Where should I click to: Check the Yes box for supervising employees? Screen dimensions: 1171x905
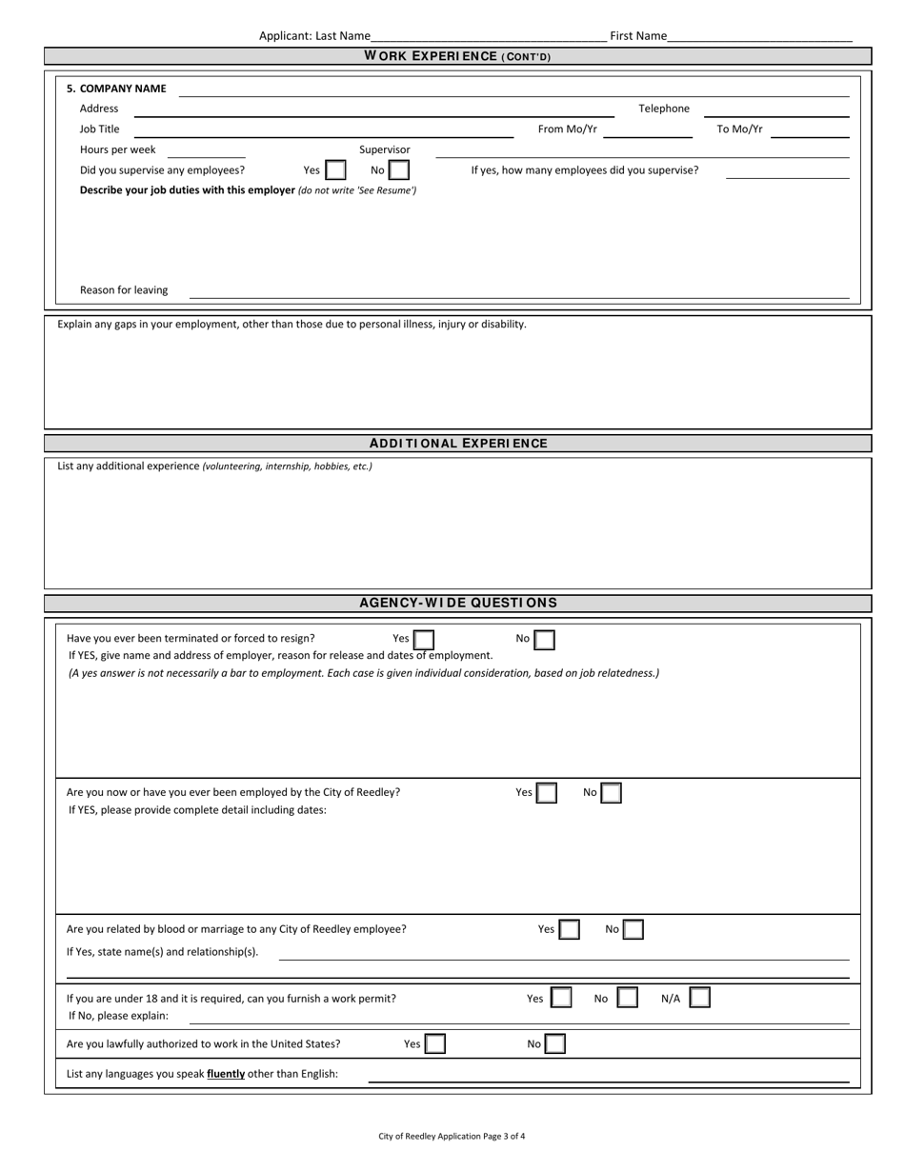tap(335, 170)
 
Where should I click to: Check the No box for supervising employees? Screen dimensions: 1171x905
tap(399, 170)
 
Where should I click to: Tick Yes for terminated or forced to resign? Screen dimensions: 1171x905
tap(424, 640)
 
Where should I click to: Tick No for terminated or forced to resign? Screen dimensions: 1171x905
tap(544, 640)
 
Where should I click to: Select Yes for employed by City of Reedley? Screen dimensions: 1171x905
tap(546, 793)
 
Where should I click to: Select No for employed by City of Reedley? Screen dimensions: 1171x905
tap(612, 793)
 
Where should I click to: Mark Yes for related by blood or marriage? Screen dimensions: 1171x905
tap(569, 930)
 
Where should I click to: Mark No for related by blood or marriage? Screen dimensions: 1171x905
tap(633, 930)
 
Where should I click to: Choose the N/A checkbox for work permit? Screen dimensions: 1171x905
tap(699, 999)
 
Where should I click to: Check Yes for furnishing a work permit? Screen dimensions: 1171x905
tap(562, 999)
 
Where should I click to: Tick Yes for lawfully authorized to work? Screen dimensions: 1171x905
tap(434, 1044)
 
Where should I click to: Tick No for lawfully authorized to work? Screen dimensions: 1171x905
tap(554, 1044)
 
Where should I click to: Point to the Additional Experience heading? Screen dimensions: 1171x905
tap(458, 444)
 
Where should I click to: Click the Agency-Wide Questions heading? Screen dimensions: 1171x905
tap(458, 603)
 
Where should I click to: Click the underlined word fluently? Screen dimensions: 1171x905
tap(226, 1074)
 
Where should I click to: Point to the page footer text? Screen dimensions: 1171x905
tap(452, 1136)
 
